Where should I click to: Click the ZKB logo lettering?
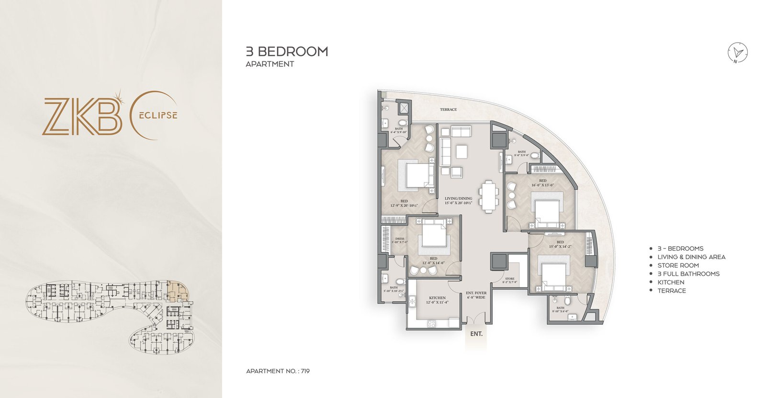point(81,116)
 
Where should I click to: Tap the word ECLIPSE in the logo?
point(158,115)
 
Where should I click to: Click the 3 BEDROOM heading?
point(287,51)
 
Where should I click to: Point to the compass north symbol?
point(738,53)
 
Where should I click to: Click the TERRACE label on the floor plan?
point(448,110)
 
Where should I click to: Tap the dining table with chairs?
point(489,195)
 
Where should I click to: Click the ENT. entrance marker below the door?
point(476,334)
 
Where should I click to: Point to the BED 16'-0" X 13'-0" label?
point(542,182)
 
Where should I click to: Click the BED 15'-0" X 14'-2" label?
point(560,244)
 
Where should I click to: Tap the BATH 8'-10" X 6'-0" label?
point(560,309)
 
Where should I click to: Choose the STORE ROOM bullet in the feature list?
point(678,265)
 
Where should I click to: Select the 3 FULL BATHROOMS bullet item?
point(688,274)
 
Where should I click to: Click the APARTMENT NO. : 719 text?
point(278,371)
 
